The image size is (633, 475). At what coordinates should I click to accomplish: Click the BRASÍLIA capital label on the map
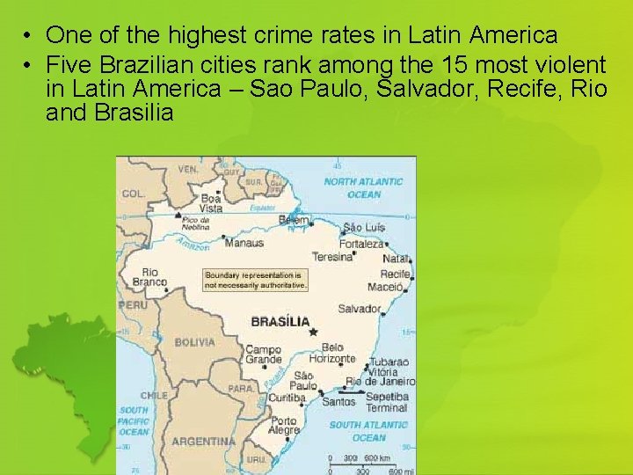pos(280,321)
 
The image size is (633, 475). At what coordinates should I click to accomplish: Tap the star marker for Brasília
pos(310,332)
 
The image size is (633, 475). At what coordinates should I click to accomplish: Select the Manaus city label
pos(244,243)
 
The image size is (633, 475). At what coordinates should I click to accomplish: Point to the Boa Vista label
pos(211,203)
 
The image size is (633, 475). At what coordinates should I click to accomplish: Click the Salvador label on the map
pos(359,309)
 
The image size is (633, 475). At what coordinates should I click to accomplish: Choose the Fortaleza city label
pos(361,244)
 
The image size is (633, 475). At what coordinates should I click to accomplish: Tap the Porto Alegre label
pos(283,426)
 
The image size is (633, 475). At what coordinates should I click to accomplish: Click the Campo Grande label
pos(263,354)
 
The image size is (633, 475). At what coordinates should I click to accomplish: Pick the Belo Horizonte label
pos(338,353)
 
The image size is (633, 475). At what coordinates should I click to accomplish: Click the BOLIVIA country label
pos(194,342)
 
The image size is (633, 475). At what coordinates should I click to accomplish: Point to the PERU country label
pos(135,304)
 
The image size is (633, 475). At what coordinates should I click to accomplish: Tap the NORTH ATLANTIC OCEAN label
pos(364,187)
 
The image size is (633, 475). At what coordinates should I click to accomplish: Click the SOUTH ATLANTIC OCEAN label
pos(368,431)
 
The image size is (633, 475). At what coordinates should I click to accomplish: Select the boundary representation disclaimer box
pos(256,280)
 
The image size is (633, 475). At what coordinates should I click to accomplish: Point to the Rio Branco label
pos(149,277)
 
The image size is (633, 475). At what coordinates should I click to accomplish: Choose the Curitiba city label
pos(287,398)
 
